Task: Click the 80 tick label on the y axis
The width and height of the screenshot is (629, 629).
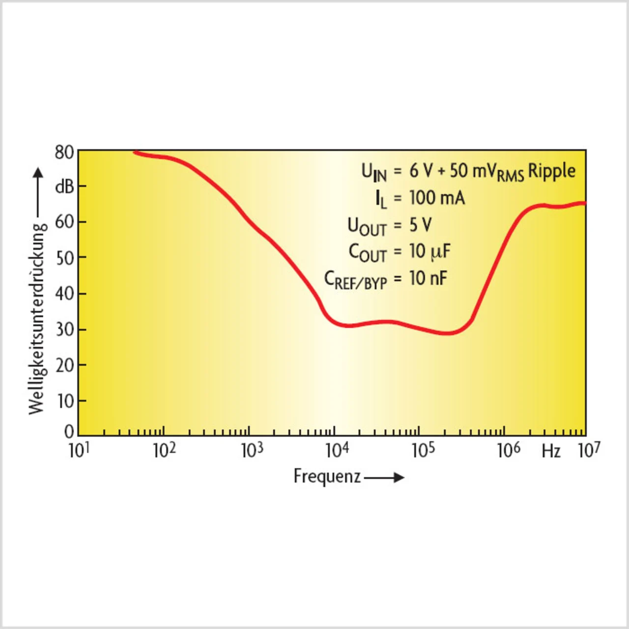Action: click(x=64, y=153)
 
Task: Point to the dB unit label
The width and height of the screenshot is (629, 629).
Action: click(x=64, y=187)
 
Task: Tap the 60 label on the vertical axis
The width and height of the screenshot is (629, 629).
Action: click(x=64, y=222)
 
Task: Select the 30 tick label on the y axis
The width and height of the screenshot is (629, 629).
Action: click(x=64, y=329)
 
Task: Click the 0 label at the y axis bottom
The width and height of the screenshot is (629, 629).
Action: click(x=69, y=431)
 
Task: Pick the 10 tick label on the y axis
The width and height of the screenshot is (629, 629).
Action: click(x=65, y=401)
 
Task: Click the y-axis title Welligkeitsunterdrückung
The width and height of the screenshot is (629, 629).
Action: click(x=37, y=318)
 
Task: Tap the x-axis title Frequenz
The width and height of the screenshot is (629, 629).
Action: click(x=327, y=476)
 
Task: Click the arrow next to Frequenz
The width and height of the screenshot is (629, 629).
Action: click(x=384, y=477)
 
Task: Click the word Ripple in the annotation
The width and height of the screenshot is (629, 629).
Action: click(x=551, y=171)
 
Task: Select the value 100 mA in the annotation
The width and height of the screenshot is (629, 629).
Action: click(x=437, y=198)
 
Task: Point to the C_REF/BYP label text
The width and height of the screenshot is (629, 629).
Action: click(x=356, y=280)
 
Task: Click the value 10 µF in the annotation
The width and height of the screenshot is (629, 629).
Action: click(x=429, y=252)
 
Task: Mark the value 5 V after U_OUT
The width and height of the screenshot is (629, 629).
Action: click(x=421, y=225)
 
